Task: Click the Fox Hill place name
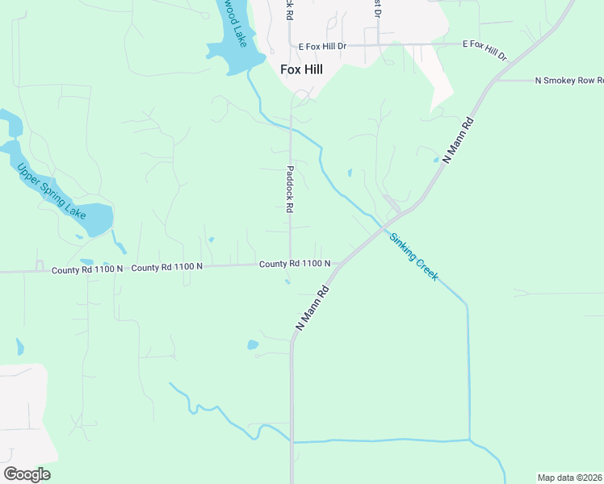[301, 69]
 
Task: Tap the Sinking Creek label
[414, 257]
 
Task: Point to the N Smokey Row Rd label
[569, 81]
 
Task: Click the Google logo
[27, 474]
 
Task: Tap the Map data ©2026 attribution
[570, 478]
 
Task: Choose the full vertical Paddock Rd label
[290, 189]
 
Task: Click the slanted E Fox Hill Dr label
[484, 51]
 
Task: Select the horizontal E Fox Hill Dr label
[322, 47]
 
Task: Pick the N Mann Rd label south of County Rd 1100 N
[313, 307]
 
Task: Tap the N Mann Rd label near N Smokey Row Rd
[458, 139]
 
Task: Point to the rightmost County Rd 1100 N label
[295, 264]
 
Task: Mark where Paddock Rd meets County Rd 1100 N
[291, 264]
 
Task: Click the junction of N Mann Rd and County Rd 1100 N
[338, 264]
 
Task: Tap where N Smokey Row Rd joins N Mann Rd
[494, 81]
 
